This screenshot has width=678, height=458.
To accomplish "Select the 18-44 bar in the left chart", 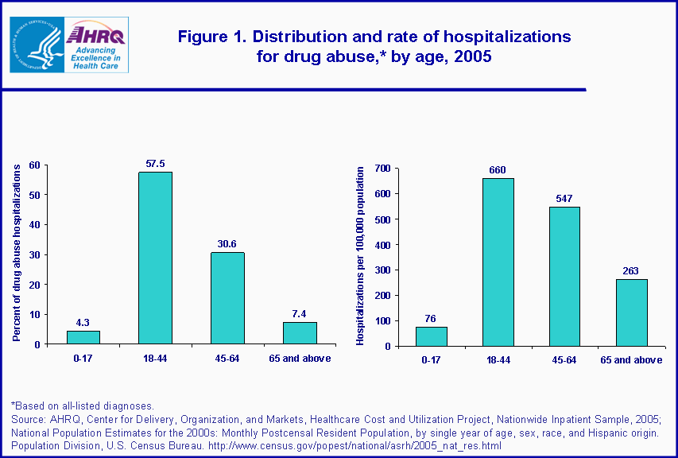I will click(x=155, y=258).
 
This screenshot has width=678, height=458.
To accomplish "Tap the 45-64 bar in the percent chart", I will click(x=227, y=298).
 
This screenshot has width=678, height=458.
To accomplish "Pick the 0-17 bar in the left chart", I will click(x=83, y=337).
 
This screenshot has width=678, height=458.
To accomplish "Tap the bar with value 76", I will click(x=432, y=336).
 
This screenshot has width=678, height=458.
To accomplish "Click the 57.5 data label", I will click(x=155, y=164).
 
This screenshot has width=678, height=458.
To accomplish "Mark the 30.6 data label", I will click(x=227, y=244).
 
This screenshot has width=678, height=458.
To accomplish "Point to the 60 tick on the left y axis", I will click(x=34, y=165).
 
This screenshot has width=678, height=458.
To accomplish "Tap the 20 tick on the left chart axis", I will click(x=34, y=284).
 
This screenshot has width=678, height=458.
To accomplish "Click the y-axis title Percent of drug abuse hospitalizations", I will click(x=16, y=253).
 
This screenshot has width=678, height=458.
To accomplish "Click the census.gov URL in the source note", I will click(x=354, y=444).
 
